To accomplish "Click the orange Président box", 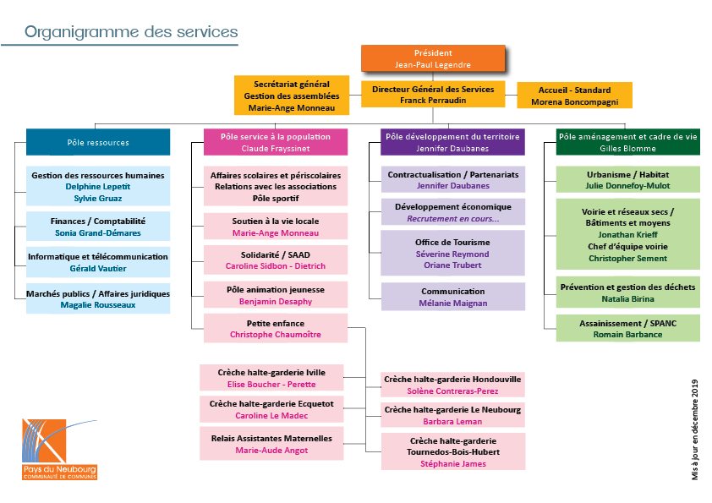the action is pyautogui.click(x=433, y=58).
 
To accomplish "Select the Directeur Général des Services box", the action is pyautogui.click(x=433, y=95).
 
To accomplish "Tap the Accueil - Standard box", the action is pyautogui.click(x=574, y=96).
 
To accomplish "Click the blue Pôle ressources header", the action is pyautogui.click(x=98, y=142).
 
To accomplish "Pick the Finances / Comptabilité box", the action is pyautogui.click(x=98, y=227).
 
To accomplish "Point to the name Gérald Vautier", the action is pyautogui.click(x=98, y=268).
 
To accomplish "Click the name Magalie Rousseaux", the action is pyautogui.click(x=98, y=305).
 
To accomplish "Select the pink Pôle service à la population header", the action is pyautogui.click(x=276, y=142).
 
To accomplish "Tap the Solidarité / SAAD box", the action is pyautogui.click(x=276, y=260).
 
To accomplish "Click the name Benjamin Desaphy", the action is pyautogui.click(x=276, y=302).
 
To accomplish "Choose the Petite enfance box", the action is pyautogui.click(x=276, y=328).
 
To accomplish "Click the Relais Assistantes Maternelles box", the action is pyautogui.click(x=271, y=444).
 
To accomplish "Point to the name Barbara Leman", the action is pyautogui.click(x=452, y=422).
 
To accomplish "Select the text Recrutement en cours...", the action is pyautogui.click(x=452, y=219).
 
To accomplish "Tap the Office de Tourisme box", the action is pyautogui.click(x=452, y=253).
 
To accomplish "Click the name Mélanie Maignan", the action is pyautogui.click(x=452, y=303).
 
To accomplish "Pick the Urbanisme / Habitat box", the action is pyautogui.click(x=628, y=179).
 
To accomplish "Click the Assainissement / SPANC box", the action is pyautogui.click(x=628, y=329).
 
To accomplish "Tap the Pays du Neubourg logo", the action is pyautogui.click(x=59, y=450).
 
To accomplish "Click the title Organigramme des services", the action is pyautogui.click(x=131, y=32).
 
